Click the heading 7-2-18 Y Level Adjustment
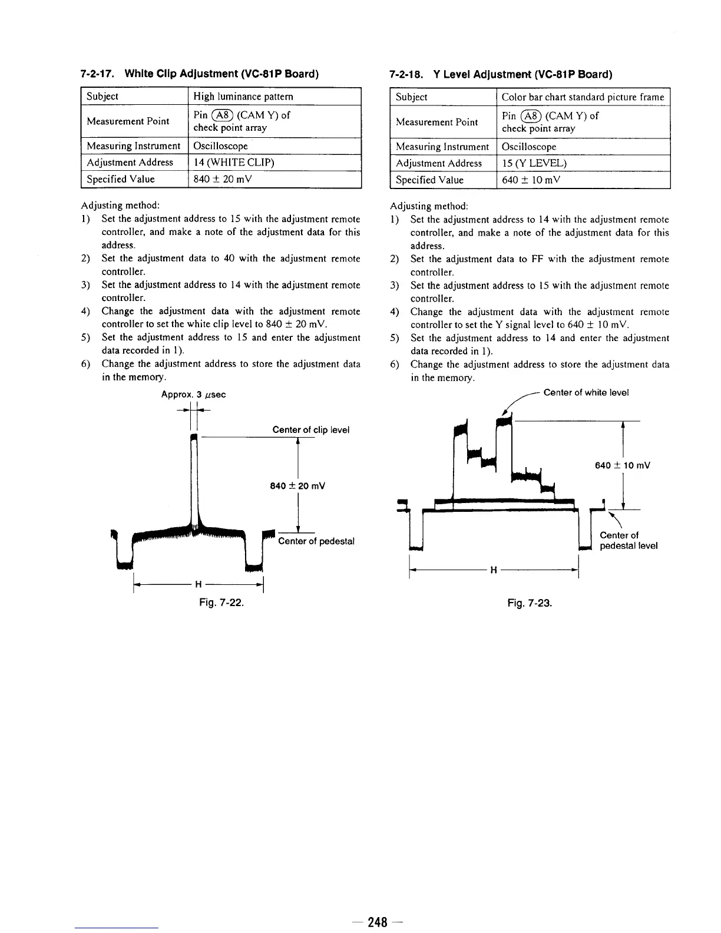[501, 75]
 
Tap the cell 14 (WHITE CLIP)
[234, 163]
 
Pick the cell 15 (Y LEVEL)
[534, 163]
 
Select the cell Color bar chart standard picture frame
[582, 97]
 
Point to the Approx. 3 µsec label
[193, 394]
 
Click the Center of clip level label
[310, 430]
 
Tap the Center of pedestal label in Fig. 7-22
[316, 541]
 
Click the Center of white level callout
[586, 393]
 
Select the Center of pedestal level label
[628, 541]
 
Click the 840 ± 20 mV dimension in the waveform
[297, 486]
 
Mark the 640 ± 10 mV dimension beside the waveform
[622, 465]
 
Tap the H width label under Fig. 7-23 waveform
[494, 570]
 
